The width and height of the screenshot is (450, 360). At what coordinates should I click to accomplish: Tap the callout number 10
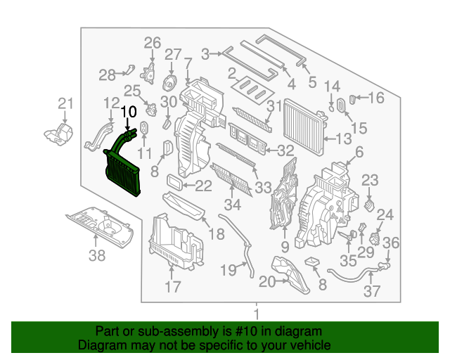tap(129, 111)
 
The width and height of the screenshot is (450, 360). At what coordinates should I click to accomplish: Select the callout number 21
tap(65, 104)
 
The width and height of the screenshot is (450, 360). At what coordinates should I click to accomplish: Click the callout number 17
tap(172, 287)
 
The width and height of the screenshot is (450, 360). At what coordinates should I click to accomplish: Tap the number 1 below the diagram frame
tap(257, 314)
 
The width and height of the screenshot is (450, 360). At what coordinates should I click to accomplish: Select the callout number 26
tap(153, 44)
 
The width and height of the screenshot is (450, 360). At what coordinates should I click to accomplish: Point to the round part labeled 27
tap(169, 82)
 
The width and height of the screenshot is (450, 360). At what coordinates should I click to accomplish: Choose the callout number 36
tap(391, 243)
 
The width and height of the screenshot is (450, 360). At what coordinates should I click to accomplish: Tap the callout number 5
tap(312, 81)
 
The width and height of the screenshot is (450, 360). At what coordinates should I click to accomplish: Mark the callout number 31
tap(274, 106)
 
